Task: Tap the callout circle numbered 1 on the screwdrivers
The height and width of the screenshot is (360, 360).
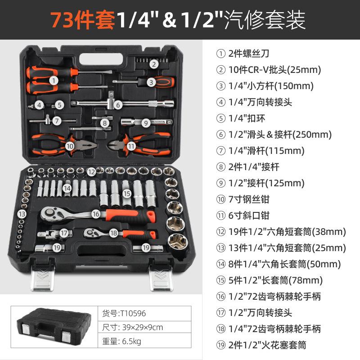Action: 54,81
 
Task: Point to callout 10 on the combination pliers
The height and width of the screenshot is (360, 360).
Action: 70,146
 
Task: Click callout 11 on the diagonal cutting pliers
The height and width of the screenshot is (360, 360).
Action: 131,146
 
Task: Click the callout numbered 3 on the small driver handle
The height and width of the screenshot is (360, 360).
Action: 151,82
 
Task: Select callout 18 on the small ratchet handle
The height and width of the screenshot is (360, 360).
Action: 113,233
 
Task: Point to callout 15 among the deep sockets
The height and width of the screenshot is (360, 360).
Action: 127,193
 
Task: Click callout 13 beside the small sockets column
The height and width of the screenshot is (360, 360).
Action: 22,214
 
